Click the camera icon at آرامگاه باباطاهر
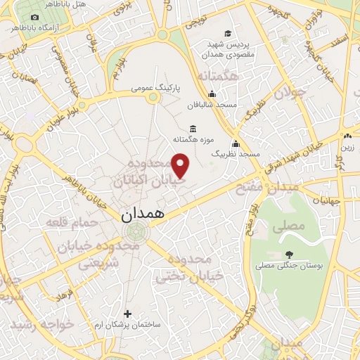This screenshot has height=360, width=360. click(x=35, y=17)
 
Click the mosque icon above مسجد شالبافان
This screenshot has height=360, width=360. click(x=212, y=95)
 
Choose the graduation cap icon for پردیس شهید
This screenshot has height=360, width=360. click(x=228, y=33)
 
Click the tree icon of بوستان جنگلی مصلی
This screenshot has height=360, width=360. click(x=290, y=255)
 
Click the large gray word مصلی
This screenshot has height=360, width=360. click(x=291, y=226)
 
